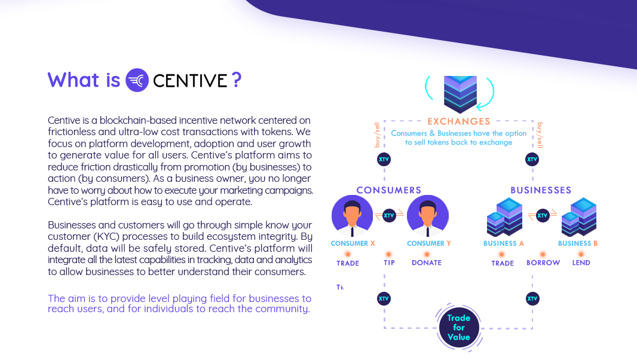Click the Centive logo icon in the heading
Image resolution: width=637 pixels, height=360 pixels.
[137, 80]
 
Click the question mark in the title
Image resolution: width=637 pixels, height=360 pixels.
[237, 80]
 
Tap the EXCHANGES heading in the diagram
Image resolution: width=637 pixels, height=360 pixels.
[459, 121]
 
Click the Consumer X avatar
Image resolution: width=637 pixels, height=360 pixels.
[352, 216]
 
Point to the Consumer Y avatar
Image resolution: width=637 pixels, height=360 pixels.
[427, 216]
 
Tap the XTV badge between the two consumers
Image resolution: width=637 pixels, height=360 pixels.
[389, 215]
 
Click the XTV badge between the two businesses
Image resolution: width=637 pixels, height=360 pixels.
[543, 215]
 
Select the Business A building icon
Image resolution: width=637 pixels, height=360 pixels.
[504, 217]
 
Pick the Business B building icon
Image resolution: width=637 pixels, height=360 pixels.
[579, 217]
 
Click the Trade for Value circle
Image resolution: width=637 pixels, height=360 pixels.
[459, 328]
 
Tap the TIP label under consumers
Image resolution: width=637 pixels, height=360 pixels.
[389, 263]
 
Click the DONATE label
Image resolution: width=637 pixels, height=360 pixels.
[427, 263]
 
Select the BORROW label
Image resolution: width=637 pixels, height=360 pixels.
[543, 263]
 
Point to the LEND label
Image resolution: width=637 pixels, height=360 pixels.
[581, 263]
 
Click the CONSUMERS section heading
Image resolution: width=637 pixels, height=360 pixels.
[389, 190]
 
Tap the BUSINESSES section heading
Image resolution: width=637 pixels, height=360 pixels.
[541, 190]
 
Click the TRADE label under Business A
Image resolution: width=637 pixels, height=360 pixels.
[503, 263]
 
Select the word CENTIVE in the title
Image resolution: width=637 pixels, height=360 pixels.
[190, 81]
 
